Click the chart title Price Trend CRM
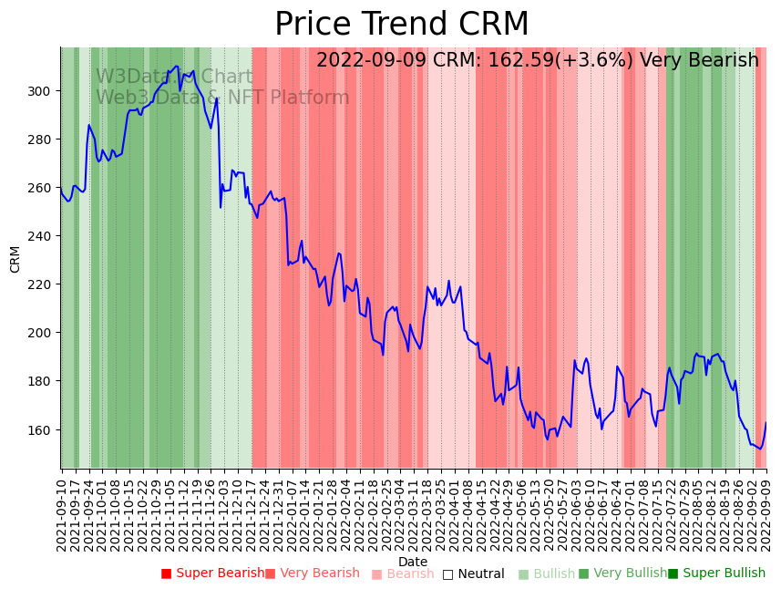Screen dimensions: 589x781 401,25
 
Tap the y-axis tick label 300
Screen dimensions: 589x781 42,91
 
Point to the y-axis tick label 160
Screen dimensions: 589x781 42,429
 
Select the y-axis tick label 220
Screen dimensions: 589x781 42,284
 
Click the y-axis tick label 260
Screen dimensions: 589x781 42,188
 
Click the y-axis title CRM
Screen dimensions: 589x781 15,258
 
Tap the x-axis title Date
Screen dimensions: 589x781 413,562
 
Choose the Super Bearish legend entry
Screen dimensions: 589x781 211,573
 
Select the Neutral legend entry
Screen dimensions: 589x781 473,573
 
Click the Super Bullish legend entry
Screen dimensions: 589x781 716,573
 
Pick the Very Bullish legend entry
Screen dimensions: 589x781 622,573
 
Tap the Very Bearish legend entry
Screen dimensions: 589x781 313,573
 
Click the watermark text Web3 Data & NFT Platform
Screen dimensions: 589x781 222,98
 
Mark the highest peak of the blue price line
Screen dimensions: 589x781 176,67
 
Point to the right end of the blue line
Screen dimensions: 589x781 766,422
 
